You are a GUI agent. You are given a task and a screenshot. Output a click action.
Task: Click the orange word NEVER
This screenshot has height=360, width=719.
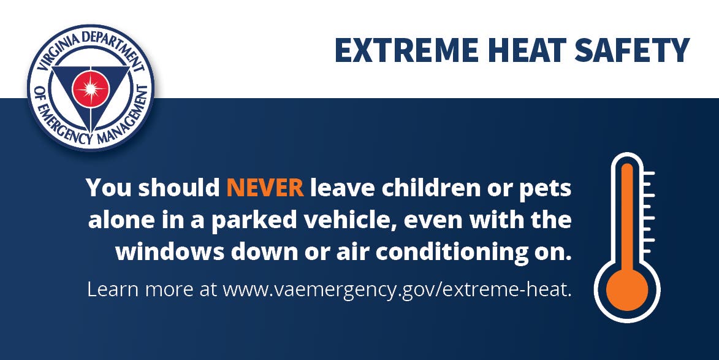[x=265, y=188]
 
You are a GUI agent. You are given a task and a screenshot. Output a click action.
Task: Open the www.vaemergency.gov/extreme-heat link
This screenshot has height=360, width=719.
[x=397, y=291]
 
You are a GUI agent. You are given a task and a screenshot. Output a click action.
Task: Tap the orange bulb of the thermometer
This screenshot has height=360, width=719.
[x=627, y=290]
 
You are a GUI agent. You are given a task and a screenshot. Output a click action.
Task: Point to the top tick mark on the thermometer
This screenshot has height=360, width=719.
[x=649, y=174]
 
